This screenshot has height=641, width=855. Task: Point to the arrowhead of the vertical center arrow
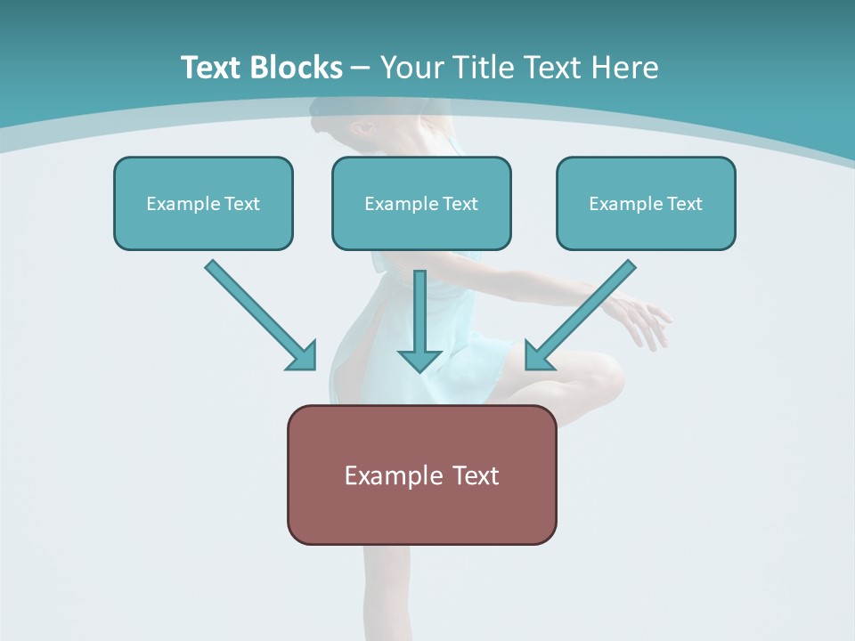coord(419,360)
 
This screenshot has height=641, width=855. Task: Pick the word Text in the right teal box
coord(685,204)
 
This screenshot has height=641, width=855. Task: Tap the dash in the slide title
coord(361,68)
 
